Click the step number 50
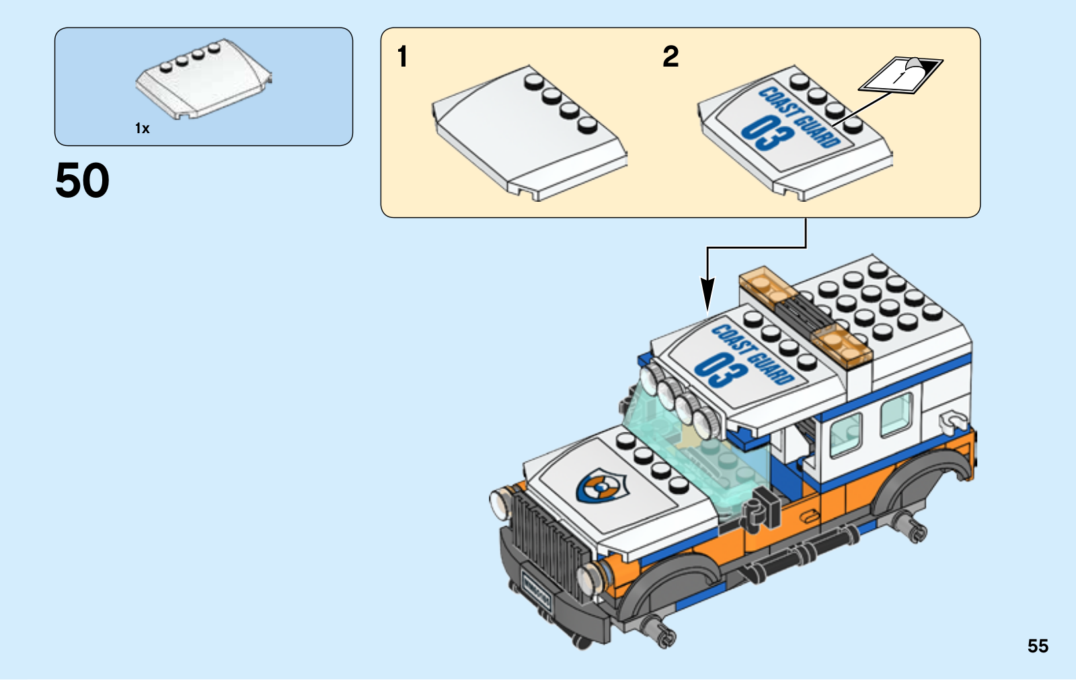point(82,180)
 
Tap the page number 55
point(1038,646)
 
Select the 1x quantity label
point(142,128)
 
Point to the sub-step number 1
point(402,56)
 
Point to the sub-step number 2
point(670,56)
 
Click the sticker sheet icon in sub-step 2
point(901,74)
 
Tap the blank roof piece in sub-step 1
point(529,138)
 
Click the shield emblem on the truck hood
point(601,485)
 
